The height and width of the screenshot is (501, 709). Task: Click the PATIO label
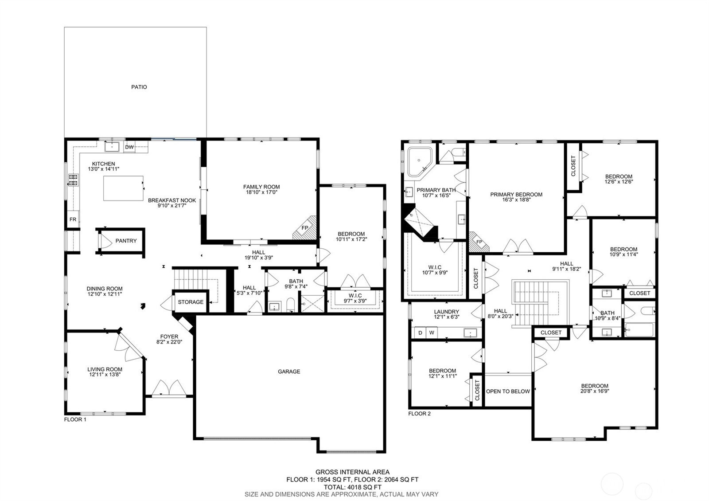139,87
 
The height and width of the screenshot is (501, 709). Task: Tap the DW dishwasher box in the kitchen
129,147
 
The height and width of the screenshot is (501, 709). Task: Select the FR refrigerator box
73,219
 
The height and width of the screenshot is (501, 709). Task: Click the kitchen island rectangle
123,188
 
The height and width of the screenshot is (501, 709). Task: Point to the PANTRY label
126,241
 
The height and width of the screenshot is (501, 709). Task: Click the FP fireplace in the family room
305,228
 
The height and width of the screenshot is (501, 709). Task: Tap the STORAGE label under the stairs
191,302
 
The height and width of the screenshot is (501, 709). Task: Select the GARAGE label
289,372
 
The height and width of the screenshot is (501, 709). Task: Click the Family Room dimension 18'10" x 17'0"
261,192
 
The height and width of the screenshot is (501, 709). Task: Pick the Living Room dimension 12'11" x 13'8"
105,374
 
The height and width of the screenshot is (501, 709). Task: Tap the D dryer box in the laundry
421,333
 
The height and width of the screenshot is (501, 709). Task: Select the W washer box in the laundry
432,333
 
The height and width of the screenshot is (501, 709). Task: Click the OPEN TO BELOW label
508,391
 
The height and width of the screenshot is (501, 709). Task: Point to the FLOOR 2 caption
419,414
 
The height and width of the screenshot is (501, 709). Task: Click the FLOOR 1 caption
75,419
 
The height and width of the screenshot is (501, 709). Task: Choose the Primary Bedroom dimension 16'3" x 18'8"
516,200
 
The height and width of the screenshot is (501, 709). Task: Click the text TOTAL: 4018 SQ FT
352,487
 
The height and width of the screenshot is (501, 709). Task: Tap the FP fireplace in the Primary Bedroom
479,242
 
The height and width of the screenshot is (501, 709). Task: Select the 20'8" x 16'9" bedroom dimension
594,391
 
